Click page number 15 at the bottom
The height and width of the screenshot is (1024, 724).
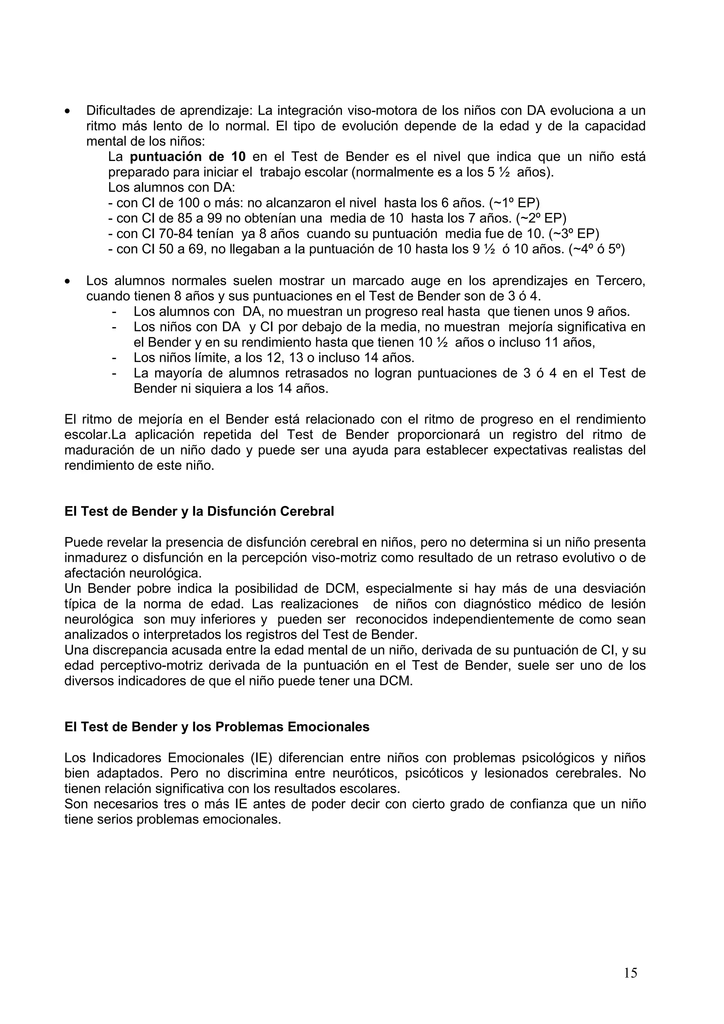coord(630,973)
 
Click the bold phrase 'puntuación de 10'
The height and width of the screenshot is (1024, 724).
coord(188,157)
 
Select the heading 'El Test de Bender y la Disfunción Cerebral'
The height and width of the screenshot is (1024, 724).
coord(199,511)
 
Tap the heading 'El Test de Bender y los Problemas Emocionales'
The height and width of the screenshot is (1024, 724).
coord(217,727)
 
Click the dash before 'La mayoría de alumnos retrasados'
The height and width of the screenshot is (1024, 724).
coord(115,372)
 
